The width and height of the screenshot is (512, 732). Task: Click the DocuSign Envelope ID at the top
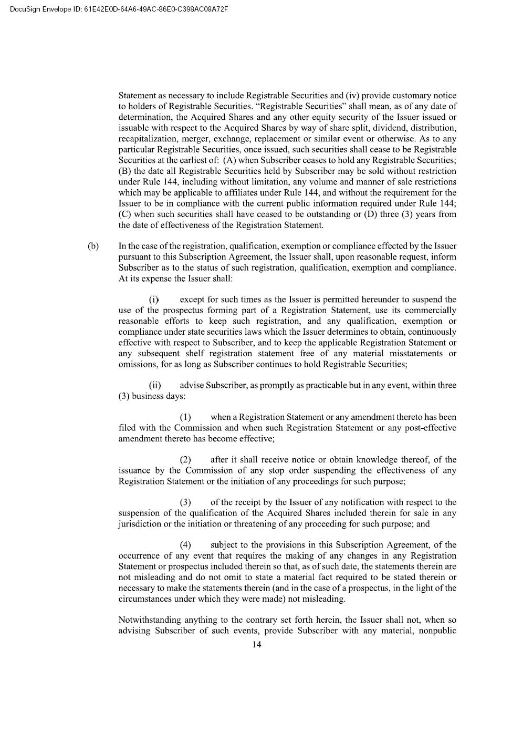[x=119, y=8]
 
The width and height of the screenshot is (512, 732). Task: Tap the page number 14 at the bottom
[x=257, y=645]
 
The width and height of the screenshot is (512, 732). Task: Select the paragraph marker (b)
[x=93, y=246]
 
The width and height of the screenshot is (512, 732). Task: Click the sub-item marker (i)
[x=154, y=300]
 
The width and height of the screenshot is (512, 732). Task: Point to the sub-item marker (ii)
[x=155, y=385]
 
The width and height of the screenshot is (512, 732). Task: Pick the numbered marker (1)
[x=185, y=417]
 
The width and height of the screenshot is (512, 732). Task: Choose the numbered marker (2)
[x=185, y=460]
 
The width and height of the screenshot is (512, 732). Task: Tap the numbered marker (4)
[x=185, y=545]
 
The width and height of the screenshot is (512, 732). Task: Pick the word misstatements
[x=414, y=353]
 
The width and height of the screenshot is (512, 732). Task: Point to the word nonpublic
[x=437, y=631]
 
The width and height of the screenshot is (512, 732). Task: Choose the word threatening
[x=250, y=524]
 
